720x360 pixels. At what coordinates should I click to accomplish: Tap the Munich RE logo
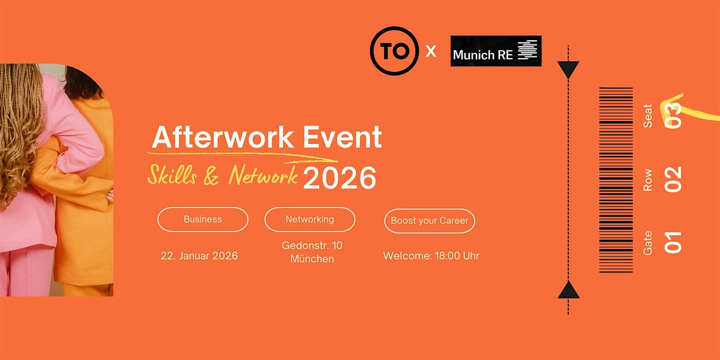pyautogui.click(x=496, y=51)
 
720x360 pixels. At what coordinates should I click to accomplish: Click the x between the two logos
pyautogui.click(x=431, y=52)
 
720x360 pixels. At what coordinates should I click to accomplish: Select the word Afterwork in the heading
pyautogui.click(x=214, y=137)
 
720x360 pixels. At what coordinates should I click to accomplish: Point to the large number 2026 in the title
pyautogui.click(x=340, y=178)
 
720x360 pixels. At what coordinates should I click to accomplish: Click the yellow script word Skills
pyautogui.click(x=174, y=175)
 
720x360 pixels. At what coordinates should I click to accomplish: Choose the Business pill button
pyautogui.click(x=203, y=220)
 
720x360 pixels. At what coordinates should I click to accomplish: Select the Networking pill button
pyautogui.click(x=310, y=220)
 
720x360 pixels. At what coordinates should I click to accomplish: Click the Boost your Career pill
pyautogui.click(x=430, y=221)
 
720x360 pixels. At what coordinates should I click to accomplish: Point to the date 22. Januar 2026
pyautogui.click(x=199, y=256)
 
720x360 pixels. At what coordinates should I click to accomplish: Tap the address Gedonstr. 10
pyautogui.click(x=312, y=245)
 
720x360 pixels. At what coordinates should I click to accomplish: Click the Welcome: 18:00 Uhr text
pyautogui.click(x=431, y=256)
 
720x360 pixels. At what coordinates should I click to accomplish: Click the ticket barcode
pyautogui.click(x=616, y=180)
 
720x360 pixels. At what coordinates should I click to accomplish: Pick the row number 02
pyautogui.click(x=673, y=178)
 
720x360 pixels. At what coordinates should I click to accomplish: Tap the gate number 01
pyautogui.click(x=673, y=242)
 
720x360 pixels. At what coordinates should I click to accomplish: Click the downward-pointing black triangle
pyautogui.click(x=568, y=70)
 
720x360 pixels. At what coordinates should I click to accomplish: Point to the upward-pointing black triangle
pyautogui.click(x=568, y=291)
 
